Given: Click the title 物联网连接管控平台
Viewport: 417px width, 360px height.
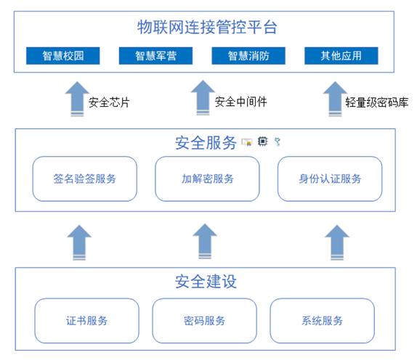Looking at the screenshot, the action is pos(207,27).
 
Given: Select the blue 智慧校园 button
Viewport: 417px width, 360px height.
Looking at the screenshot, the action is pos(63,56).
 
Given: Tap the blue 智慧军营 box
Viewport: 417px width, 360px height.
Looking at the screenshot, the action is pos(156,56).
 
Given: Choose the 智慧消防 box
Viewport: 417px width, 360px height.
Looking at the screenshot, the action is pos(248,56).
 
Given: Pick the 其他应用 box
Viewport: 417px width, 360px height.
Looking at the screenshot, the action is pos(341,56).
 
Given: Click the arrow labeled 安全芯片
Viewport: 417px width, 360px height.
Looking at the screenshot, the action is pos(77,99).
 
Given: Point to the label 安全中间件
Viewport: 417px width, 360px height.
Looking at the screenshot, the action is pos(241,102).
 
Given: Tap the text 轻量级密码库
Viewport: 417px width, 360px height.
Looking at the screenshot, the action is pos(376,102).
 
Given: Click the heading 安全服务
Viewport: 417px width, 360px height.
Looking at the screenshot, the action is pos(206,143).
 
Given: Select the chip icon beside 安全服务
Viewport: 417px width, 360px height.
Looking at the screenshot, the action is pos(262,142).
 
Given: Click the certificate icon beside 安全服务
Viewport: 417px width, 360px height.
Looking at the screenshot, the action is pos(247,142).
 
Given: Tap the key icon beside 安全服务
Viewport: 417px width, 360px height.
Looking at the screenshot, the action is pos(278,142).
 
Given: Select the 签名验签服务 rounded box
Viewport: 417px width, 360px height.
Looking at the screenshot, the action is pos(85,179).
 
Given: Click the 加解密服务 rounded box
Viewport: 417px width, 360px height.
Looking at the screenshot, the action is pos(208,179).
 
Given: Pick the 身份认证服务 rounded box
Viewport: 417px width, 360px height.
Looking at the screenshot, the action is pos(330,179).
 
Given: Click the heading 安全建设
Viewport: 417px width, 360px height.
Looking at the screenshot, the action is pos(206,282).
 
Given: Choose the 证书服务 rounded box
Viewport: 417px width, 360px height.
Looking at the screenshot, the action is pos(86,321).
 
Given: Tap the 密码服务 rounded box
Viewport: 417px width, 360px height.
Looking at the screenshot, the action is pos(205,321).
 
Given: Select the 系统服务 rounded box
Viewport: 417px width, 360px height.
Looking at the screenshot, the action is pos(322,321).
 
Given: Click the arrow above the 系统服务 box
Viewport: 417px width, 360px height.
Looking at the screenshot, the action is pos(337,242).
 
